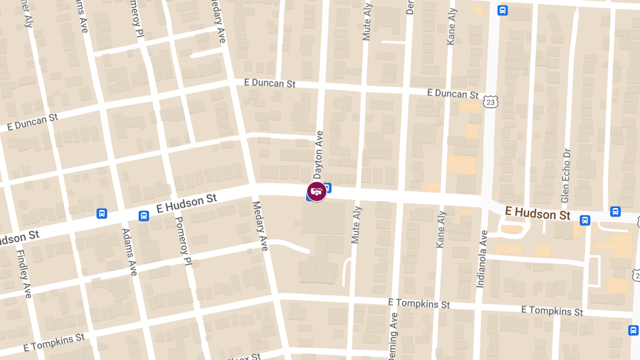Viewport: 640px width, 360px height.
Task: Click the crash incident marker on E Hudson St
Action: click(x=317, y=191)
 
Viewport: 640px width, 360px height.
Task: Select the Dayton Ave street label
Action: click(x=318, y=155)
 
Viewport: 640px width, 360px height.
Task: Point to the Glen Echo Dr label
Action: click(x=565, y=175)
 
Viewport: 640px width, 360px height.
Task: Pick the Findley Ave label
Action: click(x=25, y=274)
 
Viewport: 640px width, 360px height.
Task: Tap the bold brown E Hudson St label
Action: click(x=538, y=213)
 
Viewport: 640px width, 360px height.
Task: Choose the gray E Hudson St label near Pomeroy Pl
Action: click(x=187, y=203)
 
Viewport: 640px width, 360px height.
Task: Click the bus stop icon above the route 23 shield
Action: click(x=502, y=10)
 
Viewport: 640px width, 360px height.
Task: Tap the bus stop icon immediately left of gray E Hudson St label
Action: click(x=143, y=216)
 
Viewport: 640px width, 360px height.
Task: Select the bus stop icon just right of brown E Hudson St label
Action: click(x=585, y=220)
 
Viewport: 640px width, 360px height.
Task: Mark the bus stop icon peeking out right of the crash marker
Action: click(x=327, y=188)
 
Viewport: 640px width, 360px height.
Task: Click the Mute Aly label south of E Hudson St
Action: click(x=356, y=225)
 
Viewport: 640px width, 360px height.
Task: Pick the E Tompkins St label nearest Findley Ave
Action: click(x=54, y=343)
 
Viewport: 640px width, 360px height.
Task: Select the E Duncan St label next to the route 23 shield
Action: click(x=453, y=93)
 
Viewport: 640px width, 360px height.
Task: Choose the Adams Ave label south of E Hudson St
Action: click(x=129, y=252)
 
